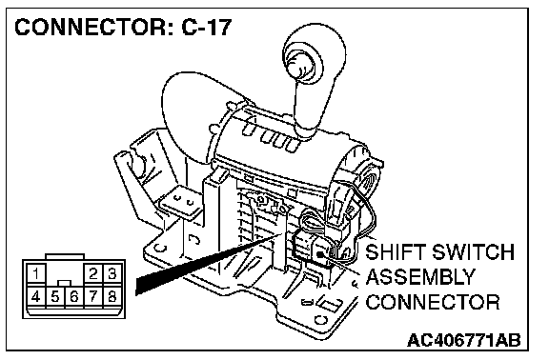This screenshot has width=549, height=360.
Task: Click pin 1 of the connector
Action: tap(35, 273)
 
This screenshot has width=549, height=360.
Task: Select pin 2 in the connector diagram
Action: tap(92, 273)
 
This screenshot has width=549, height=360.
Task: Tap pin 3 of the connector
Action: tap(112, 273)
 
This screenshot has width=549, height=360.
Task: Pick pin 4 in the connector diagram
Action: tap(35, 297)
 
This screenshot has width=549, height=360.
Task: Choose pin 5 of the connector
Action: tap(55, 297)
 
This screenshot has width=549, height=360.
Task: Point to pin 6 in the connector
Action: tap(74, 297)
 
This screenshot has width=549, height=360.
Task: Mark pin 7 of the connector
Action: tap(92, 297)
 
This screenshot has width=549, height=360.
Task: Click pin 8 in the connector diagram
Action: tap(112, 297)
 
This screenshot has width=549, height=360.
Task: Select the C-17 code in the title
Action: tap(207, 27)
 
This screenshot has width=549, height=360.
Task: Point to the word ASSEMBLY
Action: tap(420, 277)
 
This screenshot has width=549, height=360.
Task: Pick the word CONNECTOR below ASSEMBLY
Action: tap(433, 302)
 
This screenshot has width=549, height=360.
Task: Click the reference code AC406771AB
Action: tap(464, 340)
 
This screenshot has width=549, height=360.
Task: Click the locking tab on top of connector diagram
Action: tap(65, 256)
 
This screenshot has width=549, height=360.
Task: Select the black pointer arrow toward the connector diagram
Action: tap(207, 263)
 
